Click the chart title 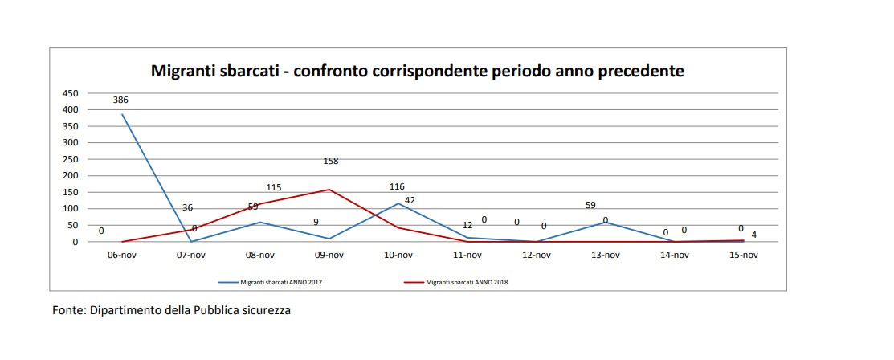(x=418, y=71)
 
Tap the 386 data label (x=120, y=100)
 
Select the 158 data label (x=330, y=161)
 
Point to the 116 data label (x=397, y=186)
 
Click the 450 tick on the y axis (x=71, y=93)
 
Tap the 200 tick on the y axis (x=71, y=176)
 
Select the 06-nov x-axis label (x=123, y=256)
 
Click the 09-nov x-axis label (x=329, y=256)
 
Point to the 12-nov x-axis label (x=537, y=256)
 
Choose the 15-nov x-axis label (x=743, y=256)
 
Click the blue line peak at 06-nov (x=123, y=114)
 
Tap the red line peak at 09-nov (x=329, y=190)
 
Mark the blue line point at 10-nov (x=398, y=203)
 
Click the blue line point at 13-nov (x=606, y=223)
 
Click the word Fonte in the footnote (x=67, y=310)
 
